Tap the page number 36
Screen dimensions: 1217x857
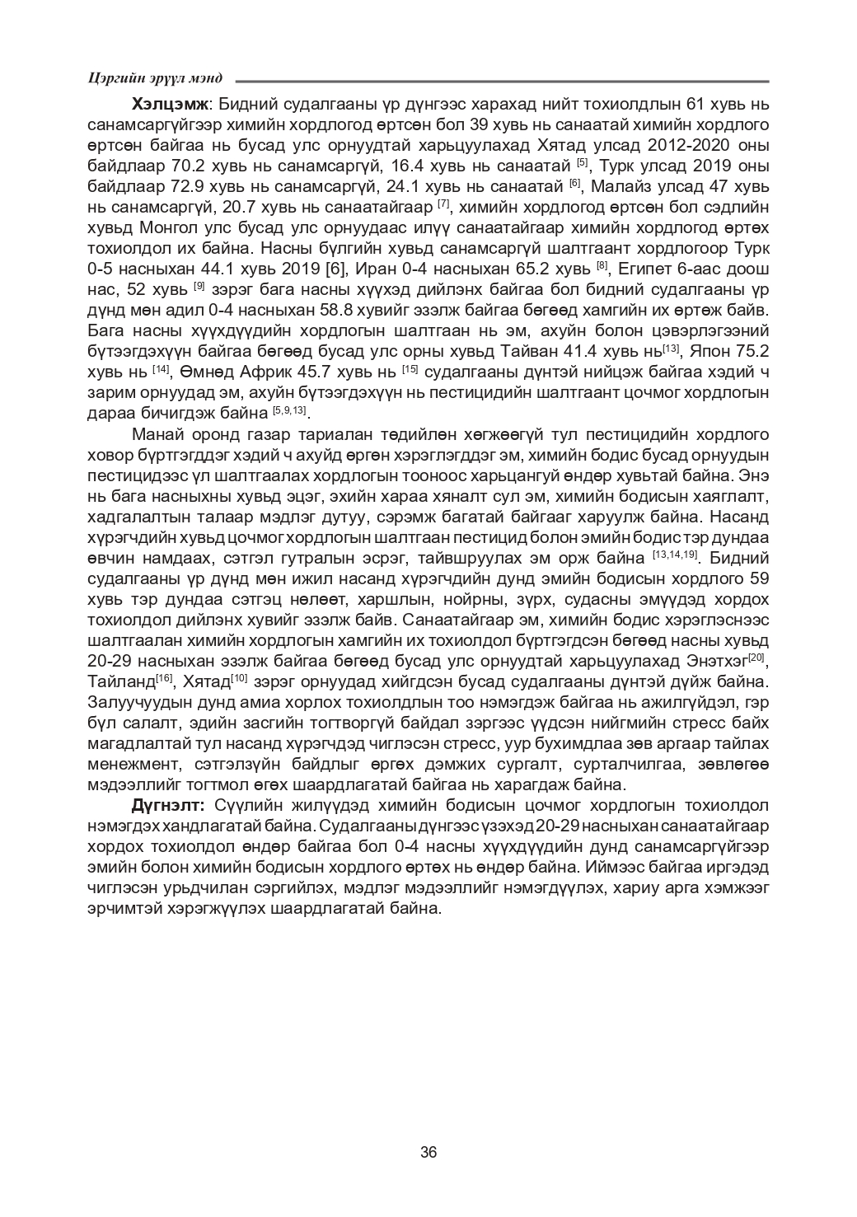coord(428,1152)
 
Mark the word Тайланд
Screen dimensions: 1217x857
coord(120,681)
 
